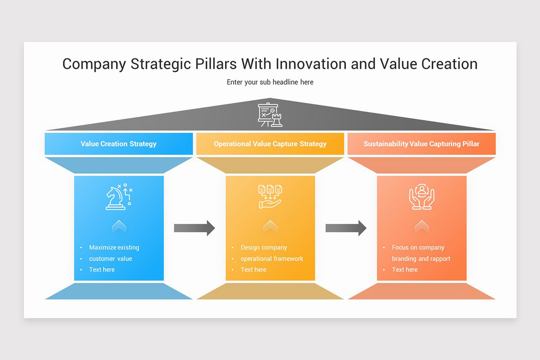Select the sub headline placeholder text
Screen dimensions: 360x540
pos(270,82)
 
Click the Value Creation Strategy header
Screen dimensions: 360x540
pos(119,144)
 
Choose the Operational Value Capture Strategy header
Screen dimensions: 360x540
pos(270,144)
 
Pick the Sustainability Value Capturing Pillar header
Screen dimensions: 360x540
pos(421,144)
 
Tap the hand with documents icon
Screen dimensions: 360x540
pos(270,197)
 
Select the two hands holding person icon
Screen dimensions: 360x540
pos(421,197)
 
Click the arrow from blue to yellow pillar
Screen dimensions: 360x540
pos(194,228)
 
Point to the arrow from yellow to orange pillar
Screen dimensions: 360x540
pos(346,228)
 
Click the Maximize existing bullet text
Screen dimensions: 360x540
pos(114,247)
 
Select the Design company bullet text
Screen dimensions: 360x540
pos(264,247)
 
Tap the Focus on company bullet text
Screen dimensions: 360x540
pos(418,247)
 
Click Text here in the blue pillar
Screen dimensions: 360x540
pos(102,270)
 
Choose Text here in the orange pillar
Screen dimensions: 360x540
pos(405,270)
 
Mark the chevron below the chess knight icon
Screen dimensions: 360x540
pos(119,226)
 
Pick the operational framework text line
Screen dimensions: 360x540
pos(272,259)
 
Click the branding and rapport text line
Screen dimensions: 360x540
pos(421,259)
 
